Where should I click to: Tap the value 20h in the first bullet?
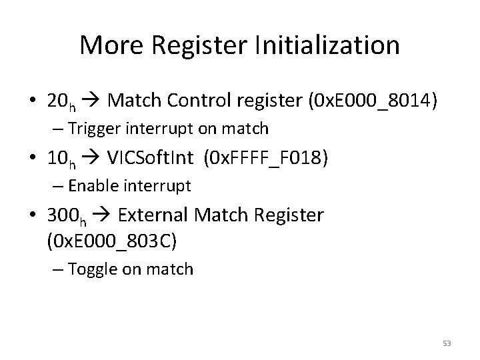pyautogui.click(x=61, y=101)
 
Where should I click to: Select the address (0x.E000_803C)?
pyautogui.click(x=111, y=240)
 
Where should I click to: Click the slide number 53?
pyautogui.click(x=447, y=343)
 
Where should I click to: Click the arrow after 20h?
pyautogui.click(x=93, y=101)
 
